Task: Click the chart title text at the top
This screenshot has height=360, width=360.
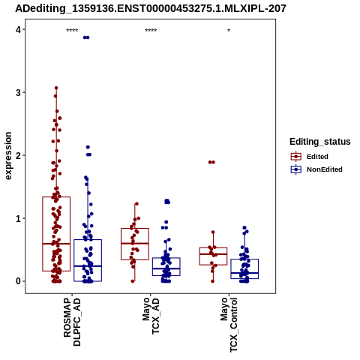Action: pyautogui.click(x=151, y=8)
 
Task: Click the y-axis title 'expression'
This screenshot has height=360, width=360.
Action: pyautogui.click(x=8, y=156)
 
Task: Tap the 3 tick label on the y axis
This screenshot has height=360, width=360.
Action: pyautogui.click(x=18, y=93)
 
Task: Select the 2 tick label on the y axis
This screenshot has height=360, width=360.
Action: pyautogui.click(x=18, y=155)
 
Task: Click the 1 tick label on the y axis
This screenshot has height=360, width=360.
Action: pyautogui.click(x=18, y=218)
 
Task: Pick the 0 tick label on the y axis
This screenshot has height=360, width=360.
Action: pyautogui.click(x=18, y=281)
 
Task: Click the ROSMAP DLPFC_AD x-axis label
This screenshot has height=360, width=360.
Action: pyautogui.click(x=72, y=322)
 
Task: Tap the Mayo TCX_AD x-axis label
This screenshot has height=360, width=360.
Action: pyautogui.click(x=151, y=316)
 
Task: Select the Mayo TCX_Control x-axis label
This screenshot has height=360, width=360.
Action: pyautogui.click(x=229, y=325)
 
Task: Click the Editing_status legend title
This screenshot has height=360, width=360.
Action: pyautogui.click(x=320, y=142)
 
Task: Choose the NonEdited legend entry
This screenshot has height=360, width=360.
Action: pyautogui.click(x=316, y=169)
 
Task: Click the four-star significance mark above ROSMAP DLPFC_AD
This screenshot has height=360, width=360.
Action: pyautogui.click(x=72, y=31)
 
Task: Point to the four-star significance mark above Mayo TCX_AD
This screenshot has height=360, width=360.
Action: pyautogui.click(x=151, y=31)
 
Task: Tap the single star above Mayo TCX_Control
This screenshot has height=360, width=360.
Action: pyautogui.click(x=229, y=31)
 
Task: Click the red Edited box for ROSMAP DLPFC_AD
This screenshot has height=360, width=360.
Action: pyautogui.click(x=43, y=234)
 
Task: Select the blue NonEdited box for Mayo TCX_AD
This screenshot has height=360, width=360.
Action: pyautogui.click(x=166, y=258)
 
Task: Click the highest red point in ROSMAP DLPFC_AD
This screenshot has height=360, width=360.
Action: pyautogui.click(x=56, y=88)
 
